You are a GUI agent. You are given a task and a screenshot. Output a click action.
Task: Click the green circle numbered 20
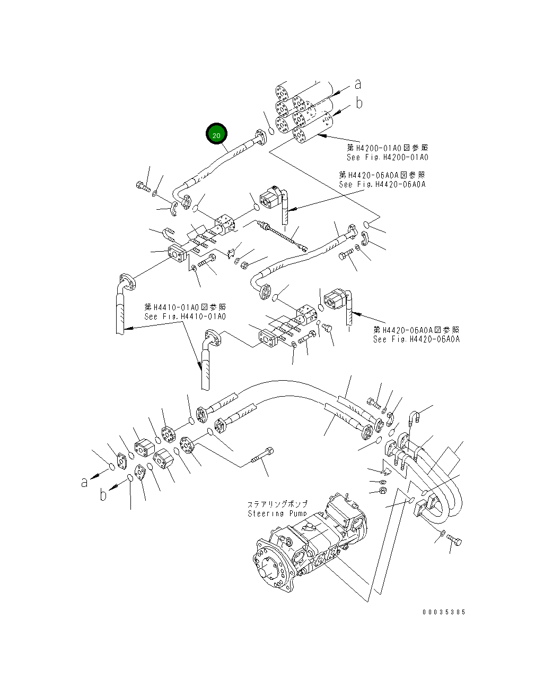click(216, 135)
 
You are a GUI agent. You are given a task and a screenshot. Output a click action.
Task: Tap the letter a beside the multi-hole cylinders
click(358, 84)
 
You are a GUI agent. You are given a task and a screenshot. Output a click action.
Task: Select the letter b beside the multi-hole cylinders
click(359, 103)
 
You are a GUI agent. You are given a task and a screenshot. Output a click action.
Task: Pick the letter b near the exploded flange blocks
click(103, 494)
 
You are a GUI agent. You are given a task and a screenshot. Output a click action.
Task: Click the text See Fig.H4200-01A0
click(387, 157)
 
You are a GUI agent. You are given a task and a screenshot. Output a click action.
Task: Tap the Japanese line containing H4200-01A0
click(387, 148)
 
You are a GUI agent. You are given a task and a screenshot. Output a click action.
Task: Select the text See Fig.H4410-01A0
click(185, 316)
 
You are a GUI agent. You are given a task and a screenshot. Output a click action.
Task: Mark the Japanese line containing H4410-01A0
click(185, 307)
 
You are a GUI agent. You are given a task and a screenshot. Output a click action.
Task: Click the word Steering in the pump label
click(266, 513)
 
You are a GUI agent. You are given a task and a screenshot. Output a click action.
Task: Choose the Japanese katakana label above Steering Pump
click(277, 504)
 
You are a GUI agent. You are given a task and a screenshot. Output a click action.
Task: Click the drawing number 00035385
click(443, 612)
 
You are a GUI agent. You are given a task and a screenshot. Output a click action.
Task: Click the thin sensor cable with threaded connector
click(282, 234)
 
